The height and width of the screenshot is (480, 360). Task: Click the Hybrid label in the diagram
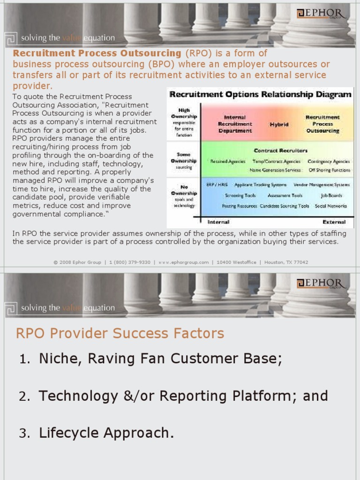coord(278,125)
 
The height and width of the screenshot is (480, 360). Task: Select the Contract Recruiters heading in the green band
coord(280,151)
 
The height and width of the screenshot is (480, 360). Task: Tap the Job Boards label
coord(331,195)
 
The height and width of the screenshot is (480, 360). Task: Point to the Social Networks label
coord(331,206)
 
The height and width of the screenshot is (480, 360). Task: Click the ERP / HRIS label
coord(217,185)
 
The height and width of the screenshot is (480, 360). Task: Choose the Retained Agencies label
coord(228,161)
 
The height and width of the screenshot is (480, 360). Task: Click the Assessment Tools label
coord(285,195)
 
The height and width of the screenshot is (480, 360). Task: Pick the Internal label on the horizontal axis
coord(218,222)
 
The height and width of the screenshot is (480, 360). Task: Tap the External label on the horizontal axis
coord(334,222)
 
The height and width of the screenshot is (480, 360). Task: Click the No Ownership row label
coord(184,190)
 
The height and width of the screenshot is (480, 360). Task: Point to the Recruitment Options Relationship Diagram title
coord(260,94)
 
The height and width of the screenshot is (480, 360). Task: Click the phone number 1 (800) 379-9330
coord(130,262)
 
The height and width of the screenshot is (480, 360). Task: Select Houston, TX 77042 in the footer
coord(286,262)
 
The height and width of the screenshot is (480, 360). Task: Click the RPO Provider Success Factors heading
coord(120,334)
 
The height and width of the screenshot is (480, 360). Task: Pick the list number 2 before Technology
coord(24,397)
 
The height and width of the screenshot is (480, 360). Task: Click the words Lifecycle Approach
coord(106,433)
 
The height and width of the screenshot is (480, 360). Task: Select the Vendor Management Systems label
coord(322,185)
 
